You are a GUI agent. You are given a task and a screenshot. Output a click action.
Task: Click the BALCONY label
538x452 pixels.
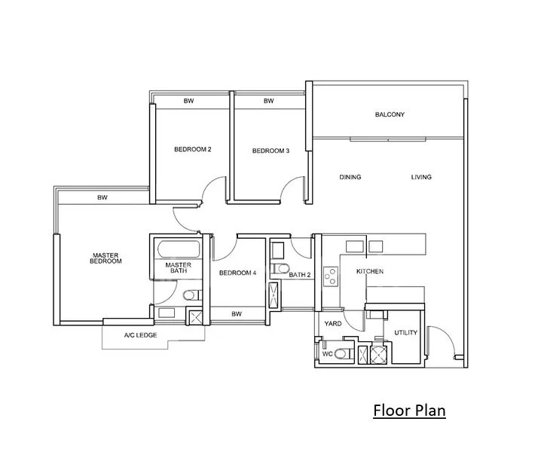tap(390, 115)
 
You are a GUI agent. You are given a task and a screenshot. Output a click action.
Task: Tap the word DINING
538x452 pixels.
tap(350, 177)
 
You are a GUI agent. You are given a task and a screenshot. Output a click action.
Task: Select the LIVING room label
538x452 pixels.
tap(421, 177)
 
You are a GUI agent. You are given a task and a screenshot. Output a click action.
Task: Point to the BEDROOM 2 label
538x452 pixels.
tap(192, 149)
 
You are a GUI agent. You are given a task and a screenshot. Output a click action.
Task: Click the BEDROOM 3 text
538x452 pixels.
tap(271, 151)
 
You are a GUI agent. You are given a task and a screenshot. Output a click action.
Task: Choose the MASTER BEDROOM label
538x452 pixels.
tap(105, 258)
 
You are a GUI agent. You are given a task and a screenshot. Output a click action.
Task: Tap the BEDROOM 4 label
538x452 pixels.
tap(237, 273)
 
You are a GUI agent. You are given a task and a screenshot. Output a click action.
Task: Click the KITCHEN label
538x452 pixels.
tap(370, 271)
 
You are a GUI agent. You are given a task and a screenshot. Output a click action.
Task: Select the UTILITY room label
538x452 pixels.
tap(405, 332)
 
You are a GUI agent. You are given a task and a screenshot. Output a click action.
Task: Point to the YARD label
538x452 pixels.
tap(332, 324)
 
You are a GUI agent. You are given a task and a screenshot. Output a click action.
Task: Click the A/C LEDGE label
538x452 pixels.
tap(140, 335)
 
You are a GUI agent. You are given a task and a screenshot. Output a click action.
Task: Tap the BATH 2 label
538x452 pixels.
tap(300, 275)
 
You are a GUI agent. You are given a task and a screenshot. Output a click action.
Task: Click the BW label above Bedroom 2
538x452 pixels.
tap(189, 101)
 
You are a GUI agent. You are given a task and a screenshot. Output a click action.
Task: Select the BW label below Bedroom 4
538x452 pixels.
tap(236, 314)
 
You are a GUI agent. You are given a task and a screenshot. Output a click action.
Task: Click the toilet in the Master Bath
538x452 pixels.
tap(190, 295)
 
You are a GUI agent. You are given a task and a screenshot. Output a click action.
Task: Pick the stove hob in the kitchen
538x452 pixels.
tap(329, 276)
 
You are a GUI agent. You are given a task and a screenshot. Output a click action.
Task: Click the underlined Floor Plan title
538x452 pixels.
tap(409, 411)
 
